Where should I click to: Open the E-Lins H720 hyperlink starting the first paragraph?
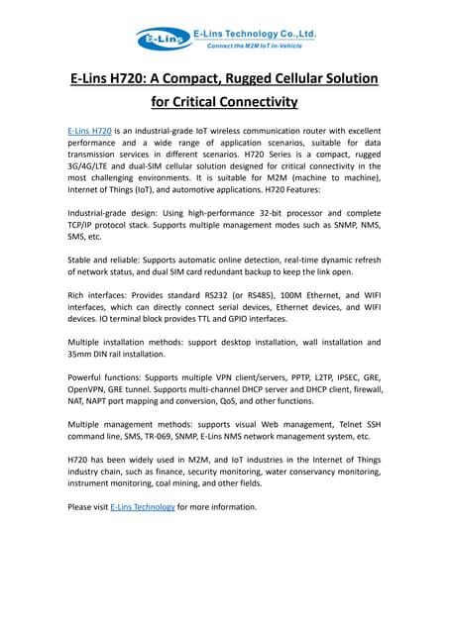coord(89,131)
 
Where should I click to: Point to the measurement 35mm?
coord(80,354)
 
